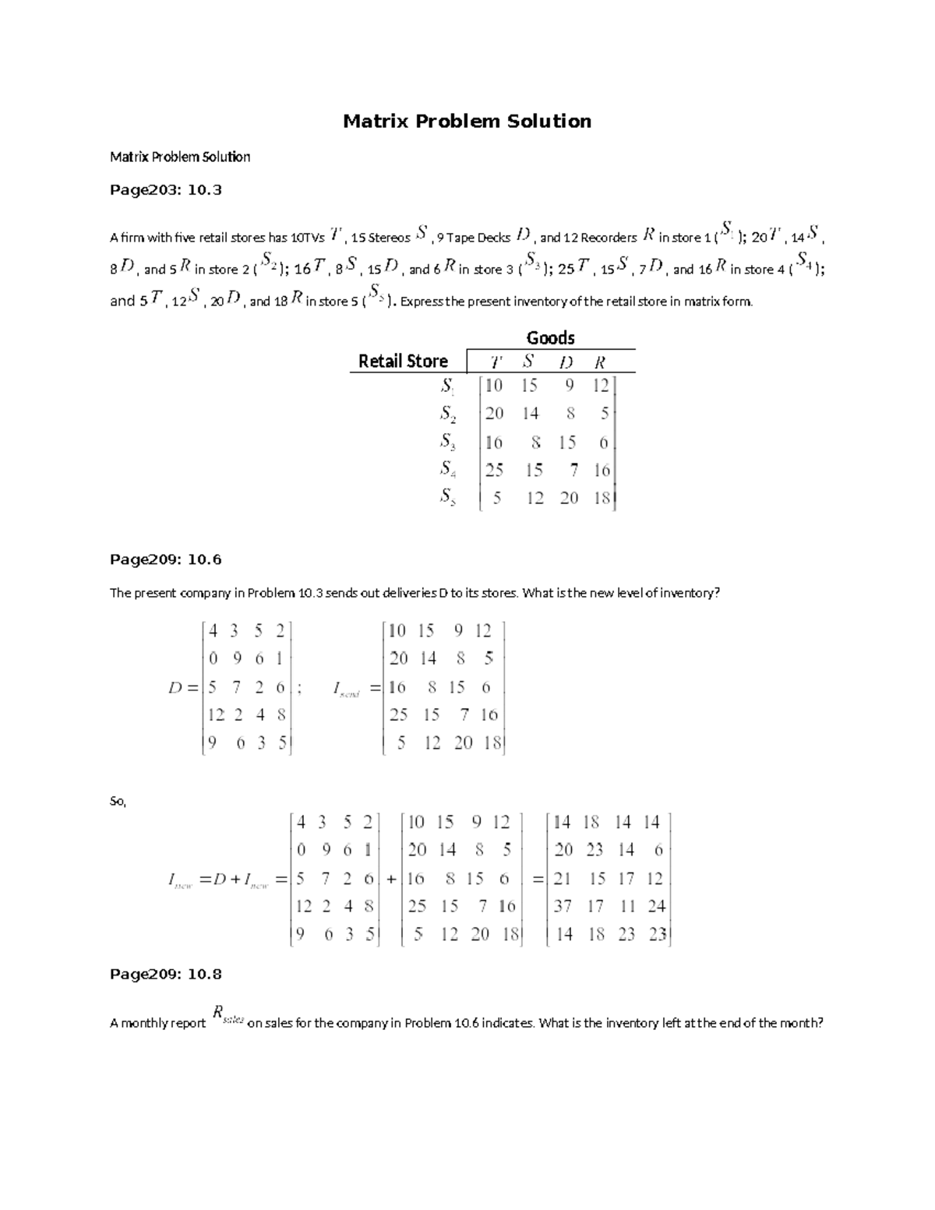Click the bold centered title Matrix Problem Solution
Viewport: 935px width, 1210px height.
pos(467,122)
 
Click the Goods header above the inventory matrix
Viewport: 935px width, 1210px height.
pos(550,337)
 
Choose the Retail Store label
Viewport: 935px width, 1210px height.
pos(403,362)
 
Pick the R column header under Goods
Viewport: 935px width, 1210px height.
pos(599,362)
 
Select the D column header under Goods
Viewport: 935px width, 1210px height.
pos(566,362)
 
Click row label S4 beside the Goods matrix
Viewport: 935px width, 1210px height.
pos(447,469)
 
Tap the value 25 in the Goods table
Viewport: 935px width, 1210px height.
pos(494,470)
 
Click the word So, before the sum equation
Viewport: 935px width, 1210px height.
pos(118,801)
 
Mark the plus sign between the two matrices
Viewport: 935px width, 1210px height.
pos(390,879)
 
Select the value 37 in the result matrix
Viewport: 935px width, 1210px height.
pos(563,906)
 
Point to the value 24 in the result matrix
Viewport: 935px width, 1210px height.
pos(656,906)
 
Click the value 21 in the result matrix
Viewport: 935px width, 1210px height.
pos(562,879)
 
